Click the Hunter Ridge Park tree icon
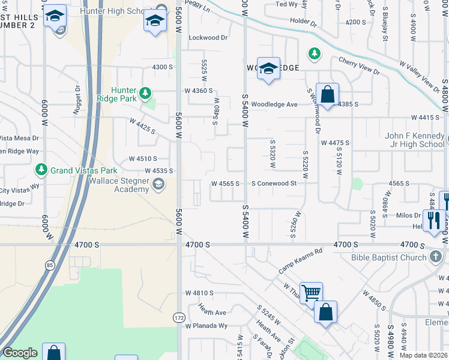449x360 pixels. point(145,93)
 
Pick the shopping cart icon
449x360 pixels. point(311,294)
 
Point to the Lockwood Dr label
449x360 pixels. point(208,37)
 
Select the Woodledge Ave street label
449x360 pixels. point(274,104)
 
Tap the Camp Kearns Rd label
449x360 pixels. point(300,261)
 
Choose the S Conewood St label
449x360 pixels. point(274,183)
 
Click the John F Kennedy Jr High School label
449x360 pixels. point(415,140)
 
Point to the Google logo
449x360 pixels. point(20,353)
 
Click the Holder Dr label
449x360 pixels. point(303,23)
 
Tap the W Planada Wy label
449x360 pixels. point(206,326)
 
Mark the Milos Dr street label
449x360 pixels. point(408,215)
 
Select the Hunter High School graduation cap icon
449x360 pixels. point(155,22)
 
